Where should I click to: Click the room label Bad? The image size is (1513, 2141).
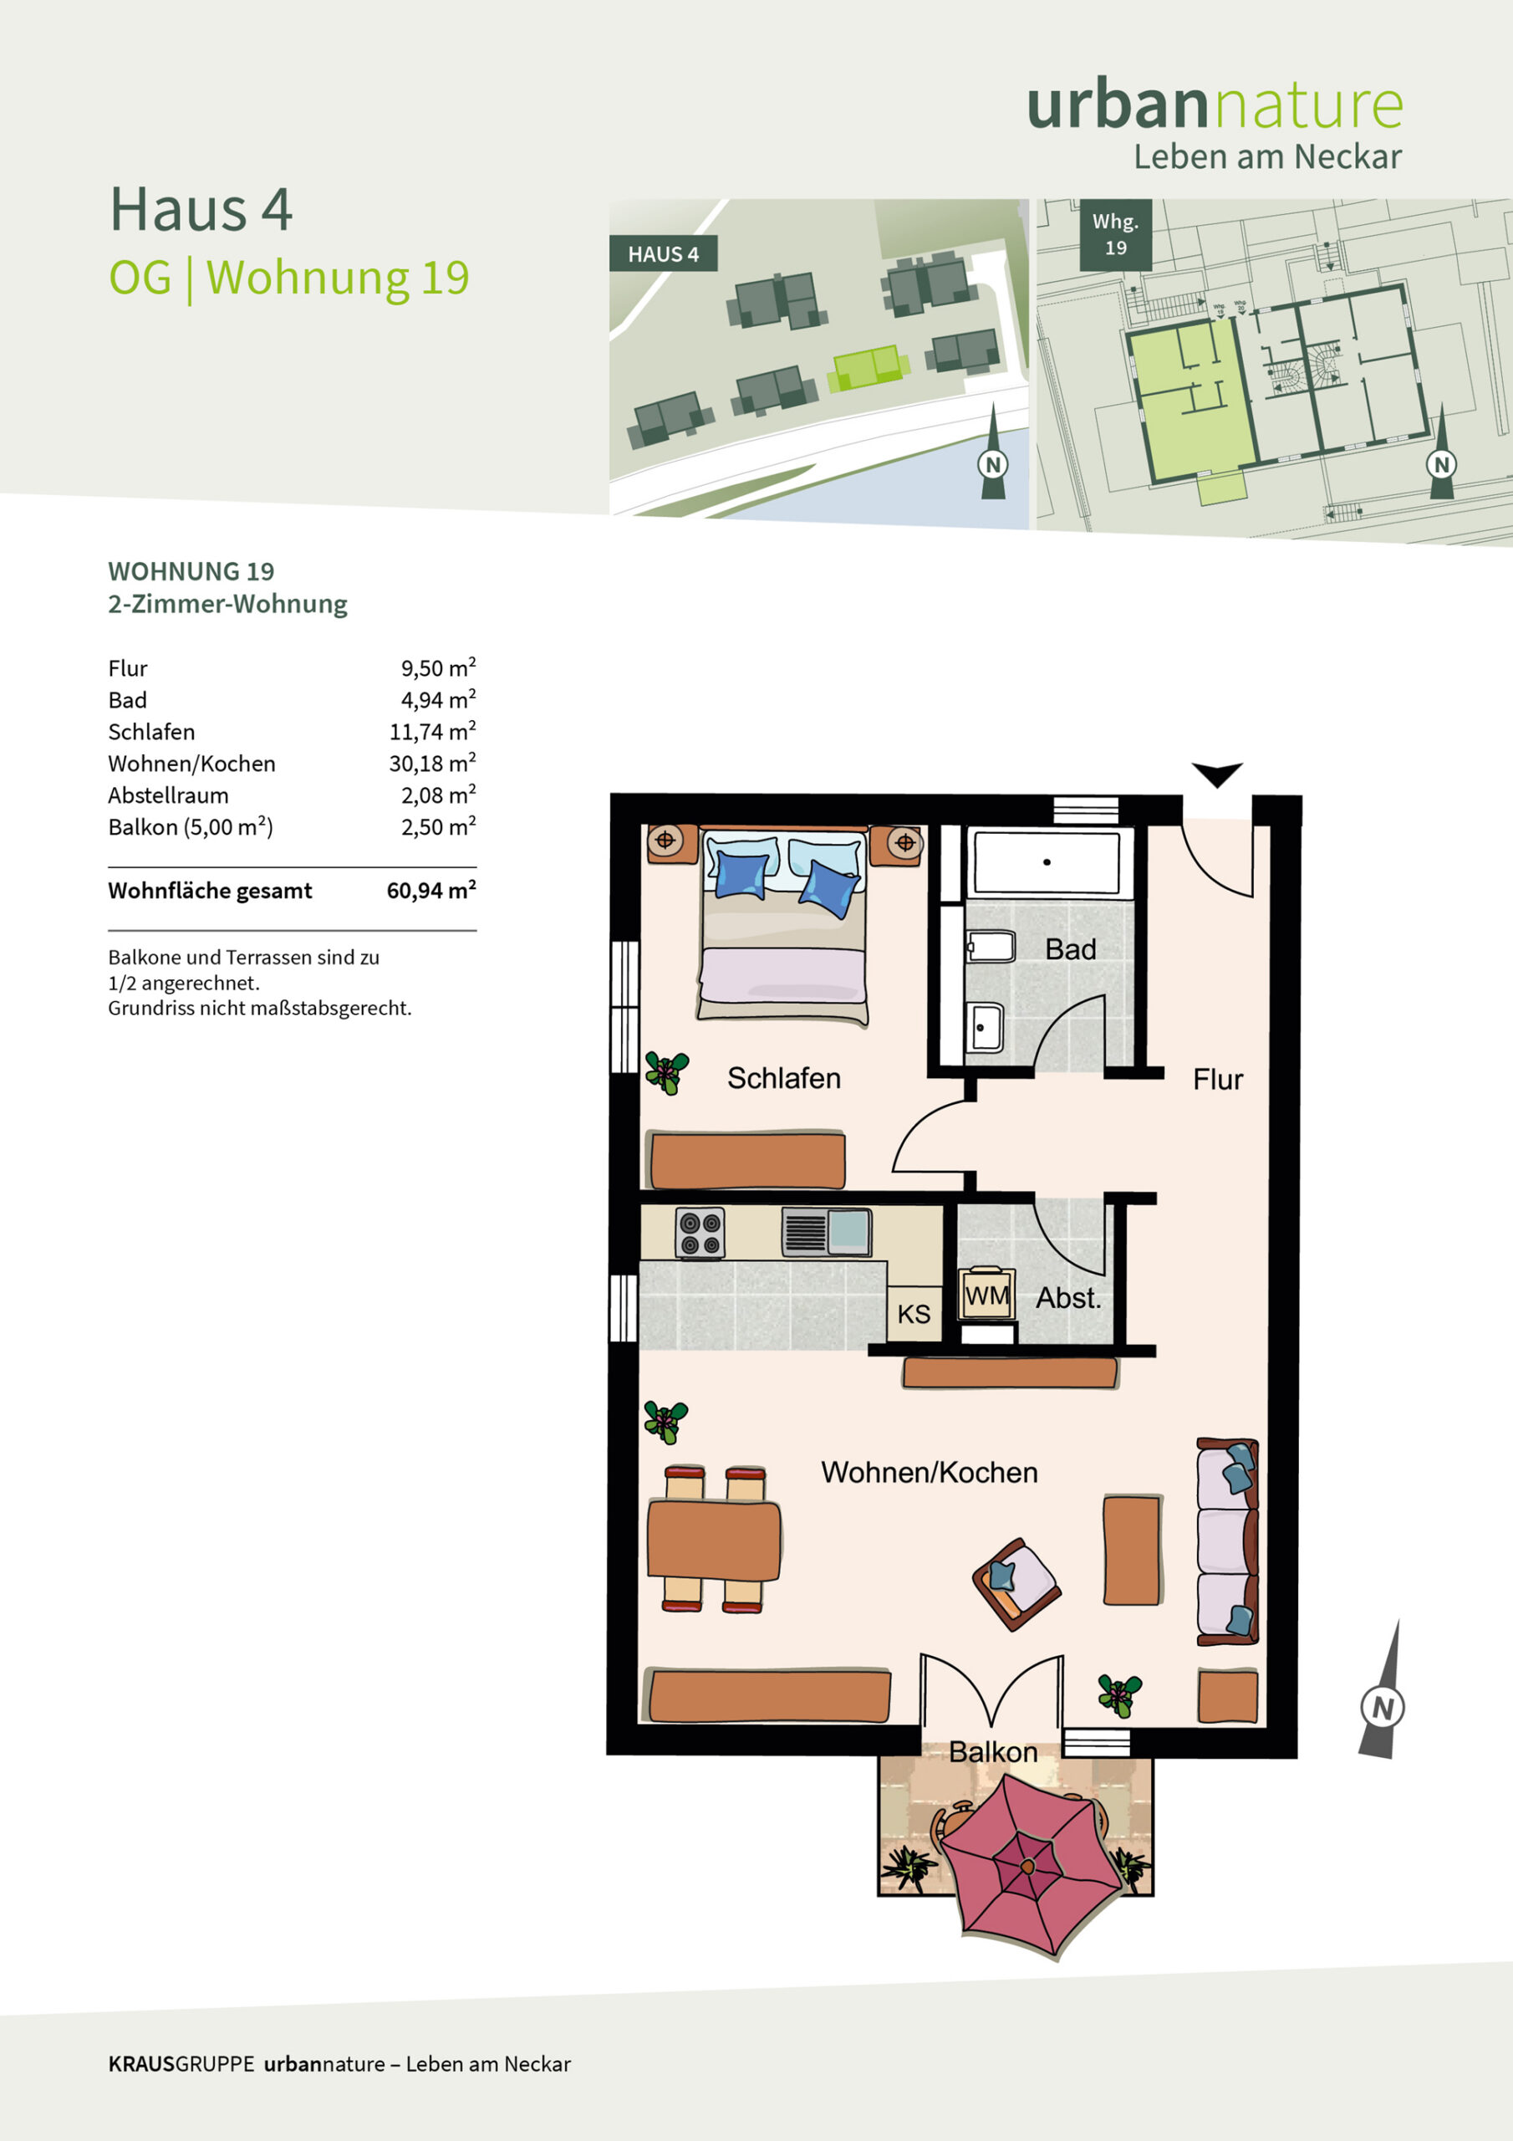1070,949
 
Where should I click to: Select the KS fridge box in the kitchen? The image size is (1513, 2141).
914,1314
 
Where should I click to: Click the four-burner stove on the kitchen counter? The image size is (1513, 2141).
699,1234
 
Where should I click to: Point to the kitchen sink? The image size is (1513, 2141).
826,1232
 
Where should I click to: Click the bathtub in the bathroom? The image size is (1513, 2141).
1046,862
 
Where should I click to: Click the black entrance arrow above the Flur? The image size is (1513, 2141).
1216,774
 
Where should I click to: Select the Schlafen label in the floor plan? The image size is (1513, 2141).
783,1078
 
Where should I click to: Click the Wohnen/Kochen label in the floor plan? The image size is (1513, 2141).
929,1473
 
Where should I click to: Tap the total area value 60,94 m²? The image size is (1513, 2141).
431,890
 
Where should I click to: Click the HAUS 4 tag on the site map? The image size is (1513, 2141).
663,253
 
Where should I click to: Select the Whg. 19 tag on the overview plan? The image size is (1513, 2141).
1116,235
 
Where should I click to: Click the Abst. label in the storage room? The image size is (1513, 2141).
1068,1298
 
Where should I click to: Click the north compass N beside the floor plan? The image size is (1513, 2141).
1383,1709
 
